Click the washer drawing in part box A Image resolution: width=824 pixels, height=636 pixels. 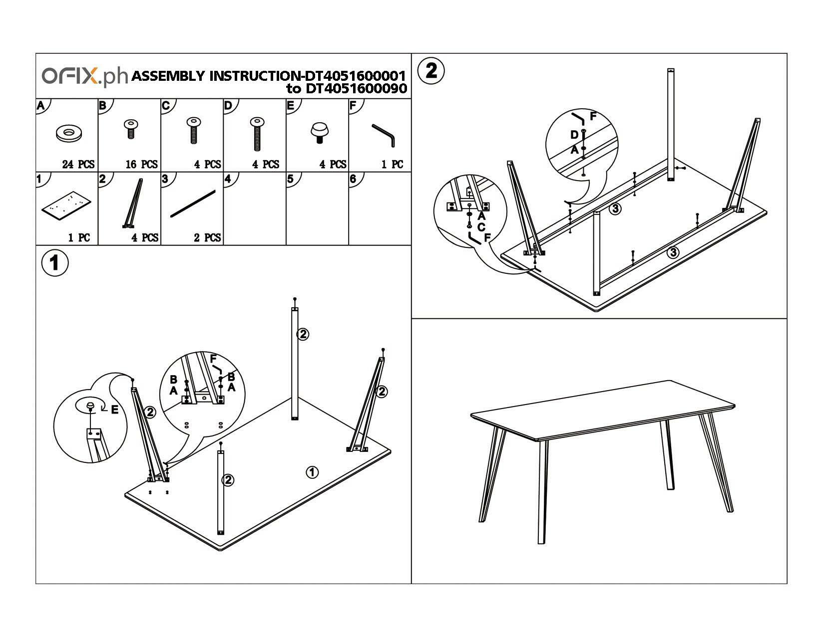point(69,133)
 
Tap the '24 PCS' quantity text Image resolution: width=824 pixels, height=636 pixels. point(78,164)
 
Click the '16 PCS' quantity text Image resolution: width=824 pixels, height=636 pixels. point(141,164)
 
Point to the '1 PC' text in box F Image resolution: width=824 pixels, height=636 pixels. point(392,164)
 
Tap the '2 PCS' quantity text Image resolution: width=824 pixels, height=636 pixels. point(207,237)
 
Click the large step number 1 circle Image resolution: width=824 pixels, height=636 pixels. point(54,262)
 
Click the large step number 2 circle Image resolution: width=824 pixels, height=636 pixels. point(430,70)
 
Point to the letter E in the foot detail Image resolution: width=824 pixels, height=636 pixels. point(114,410)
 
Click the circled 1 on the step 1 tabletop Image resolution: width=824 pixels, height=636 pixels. point(312,472)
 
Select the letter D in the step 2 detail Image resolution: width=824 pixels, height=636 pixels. point(574,135)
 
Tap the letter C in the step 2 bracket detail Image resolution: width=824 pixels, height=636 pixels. point(481,227)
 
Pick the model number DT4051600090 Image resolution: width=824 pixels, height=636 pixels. point(353,89)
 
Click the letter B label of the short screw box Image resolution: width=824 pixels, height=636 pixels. point(103,105)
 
